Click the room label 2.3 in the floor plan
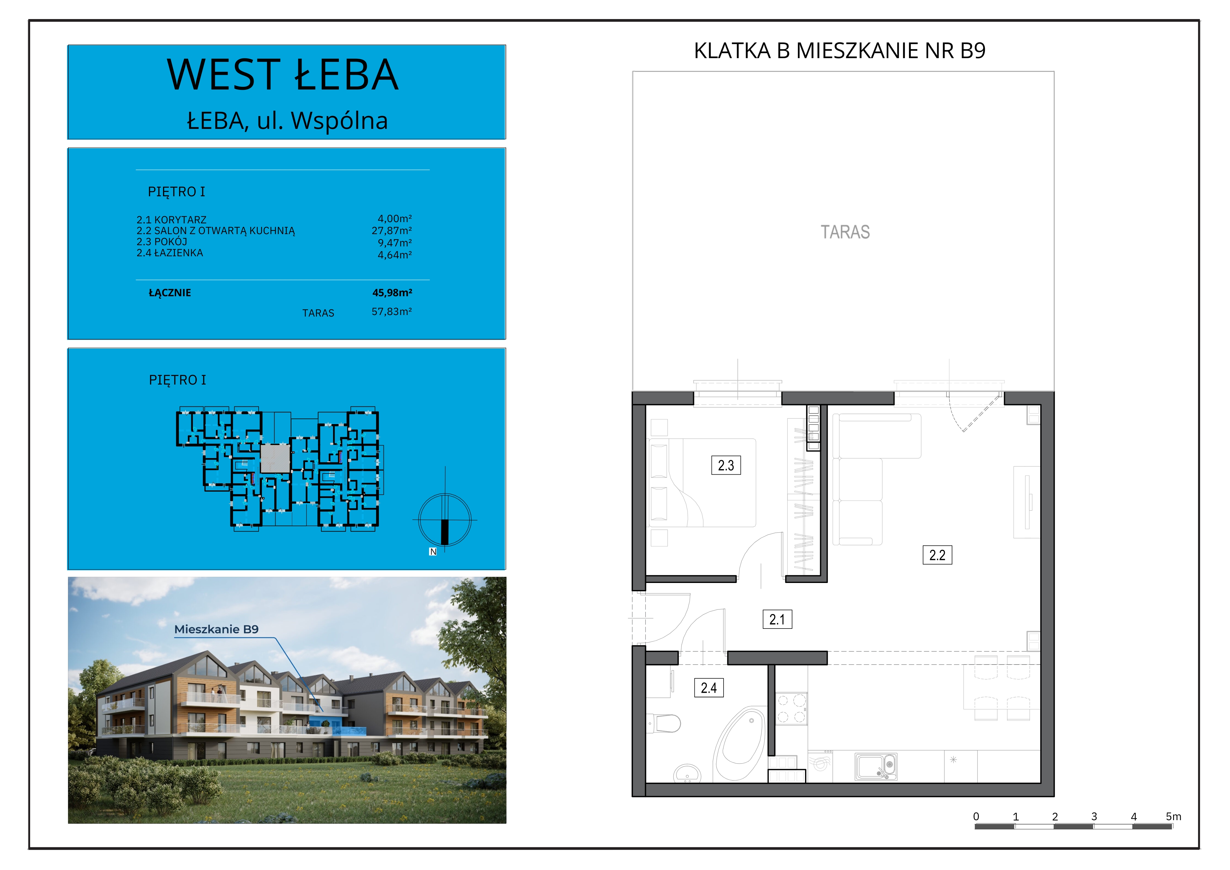[726, 465]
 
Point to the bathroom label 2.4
[709, 688]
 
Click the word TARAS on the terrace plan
[845, 232]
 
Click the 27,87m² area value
[392, 230]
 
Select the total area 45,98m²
[392, 293]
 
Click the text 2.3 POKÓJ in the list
[162, 242]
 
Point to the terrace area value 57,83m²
[392, 311]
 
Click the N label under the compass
[433, 552]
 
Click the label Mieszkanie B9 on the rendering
[216, 629]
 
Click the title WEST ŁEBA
[283, 74]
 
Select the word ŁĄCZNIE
[170, 293]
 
